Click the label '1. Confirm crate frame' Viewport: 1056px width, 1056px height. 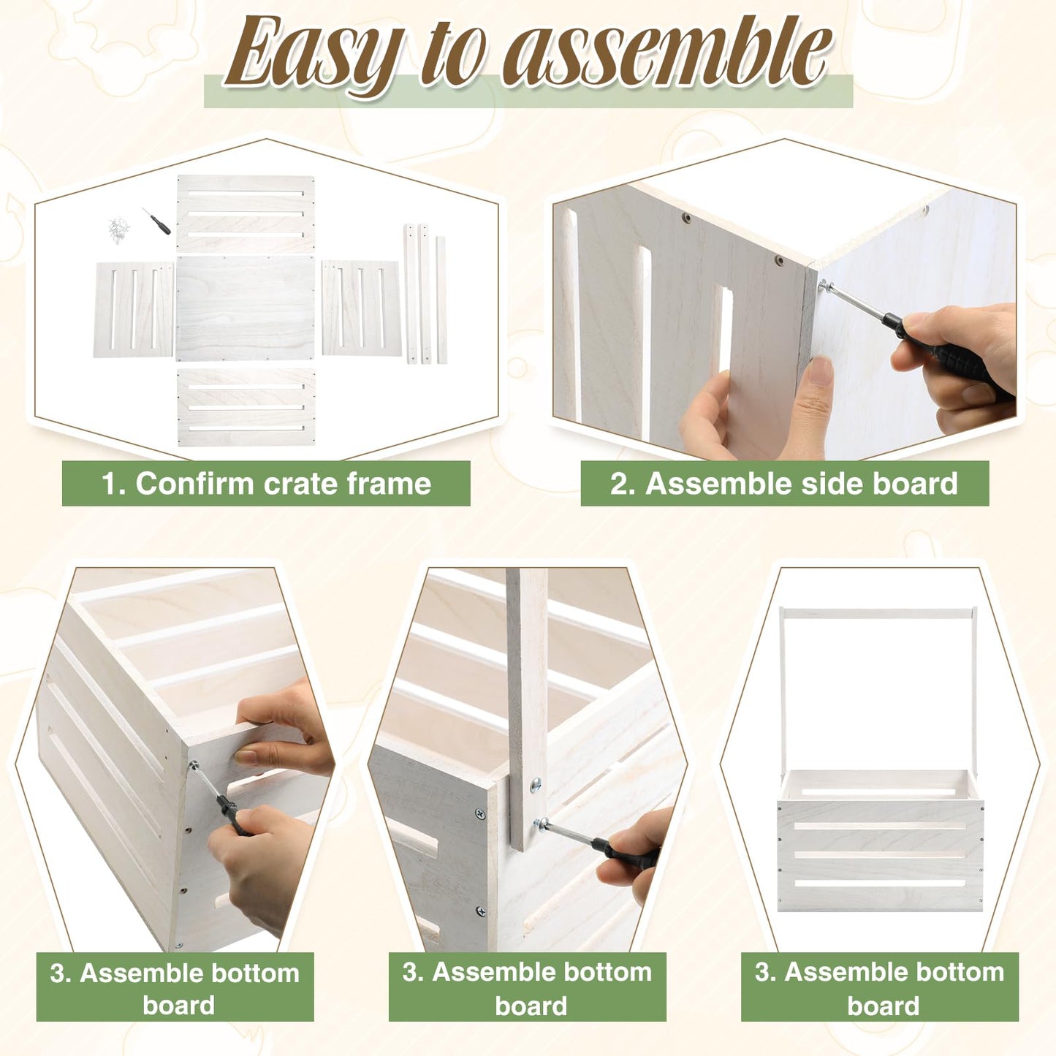[x=266, y=484]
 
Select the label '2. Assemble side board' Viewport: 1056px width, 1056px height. [x=784, y=484]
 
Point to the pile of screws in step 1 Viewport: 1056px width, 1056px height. [x=118, y=229]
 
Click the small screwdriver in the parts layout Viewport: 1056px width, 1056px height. [x=156, y=221]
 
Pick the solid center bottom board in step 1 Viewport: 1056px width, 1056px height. [x=246, y=308]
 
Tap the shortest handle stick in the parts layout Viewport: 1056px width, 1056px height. [x=441, y=300]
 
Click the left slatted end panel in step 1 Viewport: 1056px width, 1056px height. [x=134, y=310]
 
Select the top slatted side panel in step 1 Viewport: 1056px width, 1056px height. [x=246, y=214]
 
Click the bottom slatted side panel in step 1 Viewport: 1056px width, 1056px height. [x=246, y=406]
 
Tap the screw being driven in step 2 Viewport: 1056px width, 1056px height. [x=826, y=285]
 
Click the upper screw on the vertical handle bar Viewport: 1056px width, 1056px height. [x=536, y=786]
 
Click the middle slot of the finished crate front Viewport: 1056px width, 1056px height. [x=880, y=854]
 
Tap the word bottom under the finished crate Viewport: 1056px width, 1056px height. [x=953, y=972]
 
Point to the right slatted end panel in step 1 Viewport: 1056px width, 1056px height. [x=362, y=308]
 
